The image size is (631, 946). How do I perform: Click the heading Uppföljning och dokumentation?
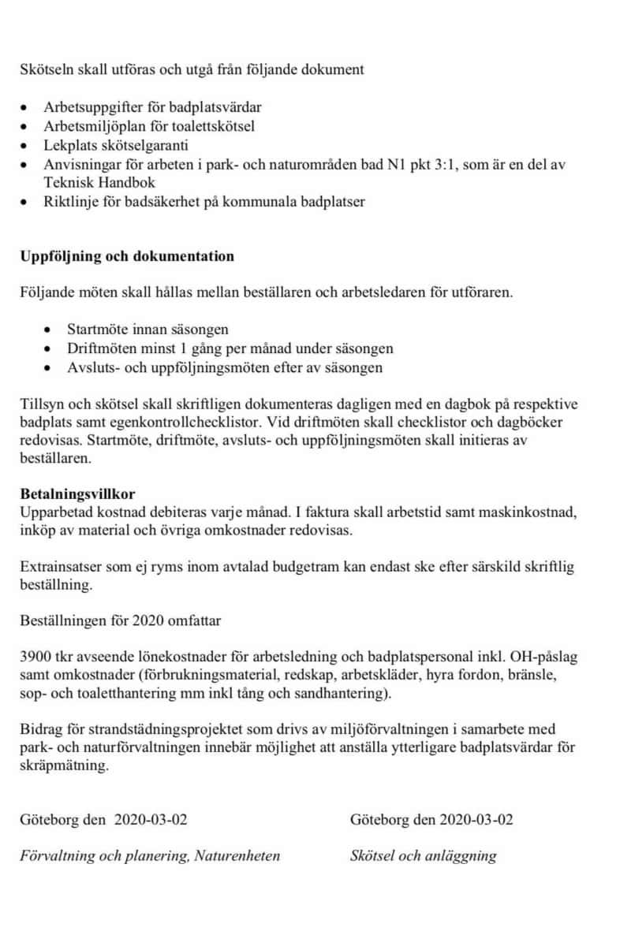tap(127, 257)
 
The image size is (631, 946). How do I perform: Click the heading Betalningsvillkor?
tap(77, 494)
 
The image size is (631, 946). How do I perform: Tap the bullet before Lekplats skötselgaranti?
tap(28, 146)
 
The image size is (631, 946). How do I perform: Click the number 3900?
tap(35, 657)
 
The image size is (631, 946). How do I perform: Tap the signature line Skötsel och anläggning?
tap(424, 856)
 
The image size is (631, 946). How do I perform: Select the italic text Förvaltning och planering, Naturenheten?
tap(150, 856)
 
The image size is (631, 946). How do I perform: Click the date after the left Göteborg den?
tap(151, 819)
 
